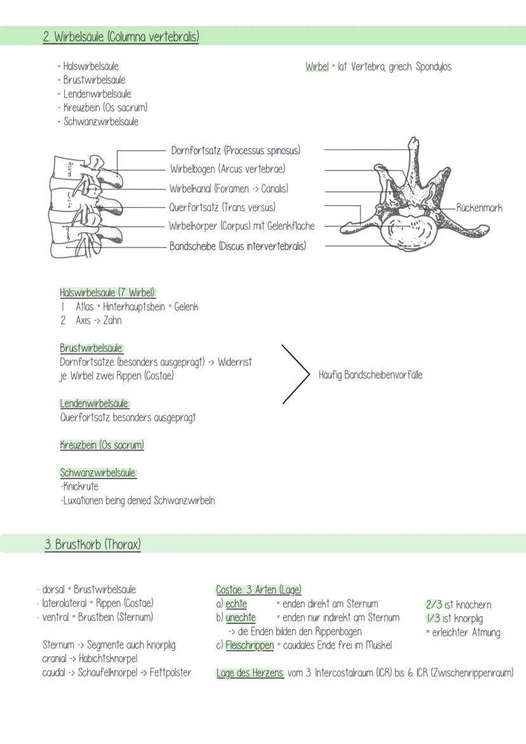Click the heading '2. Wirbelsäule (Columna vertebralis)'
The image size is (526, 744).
point(121,37)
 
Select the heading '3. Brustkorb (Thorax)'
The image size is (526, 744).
point(93,544)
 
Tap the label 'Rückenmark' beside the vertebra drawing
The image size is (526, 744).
point(479,208)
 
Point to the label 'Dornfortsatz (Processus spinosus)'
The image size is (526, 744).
point(236,151)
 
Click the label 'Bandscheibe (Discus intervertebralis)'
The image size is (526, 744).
point(237,246)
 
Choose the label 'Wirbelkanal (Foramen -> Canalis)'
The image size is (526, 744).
point(229,189)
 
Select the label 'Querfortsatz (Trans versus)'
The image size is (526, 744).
point(222,207)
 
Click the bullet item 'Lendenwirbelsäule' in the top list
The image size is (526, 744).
point(97,94)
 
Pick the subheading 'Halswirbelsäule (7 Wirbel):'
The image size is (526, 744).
point(108,293)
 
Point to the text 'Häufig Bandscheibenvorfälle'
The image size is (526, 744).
point(370,375)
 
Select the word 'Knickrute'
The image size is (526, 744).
point(80,487)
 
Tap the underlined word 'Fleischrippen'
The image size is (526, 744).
point(250,646)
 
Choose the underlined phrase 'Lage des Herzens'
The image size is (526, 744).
point(250,673)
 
